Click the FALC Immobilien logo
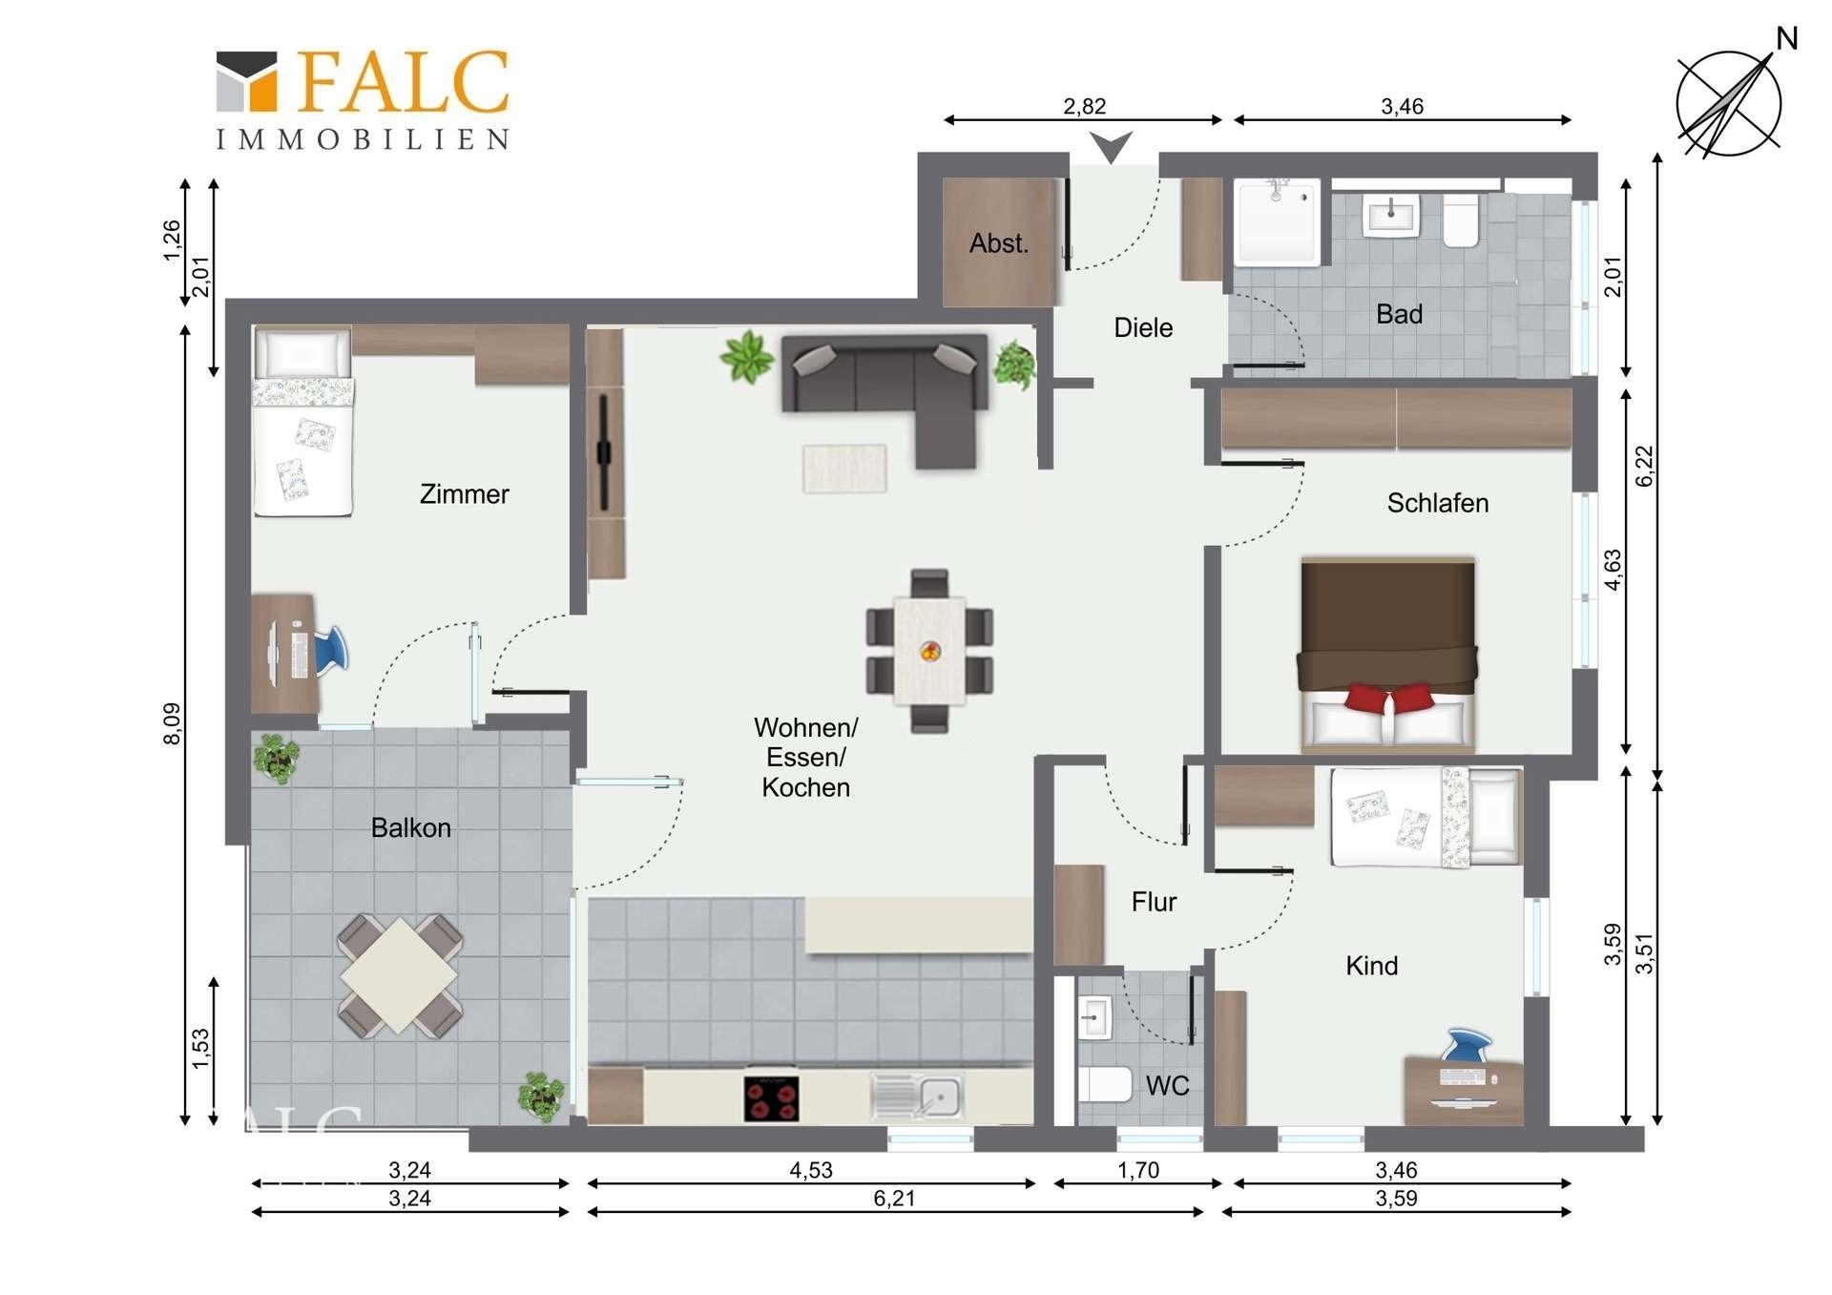click(x=363, y=99)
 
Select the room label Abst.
click(x=999, y=243)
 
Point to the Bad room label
click(x=1399, y=314)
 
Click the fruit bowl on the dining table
click(x=930, y=652)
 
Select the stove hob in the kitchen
click(x=771, y=1098)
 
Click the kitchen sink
click(x=917, y=1097)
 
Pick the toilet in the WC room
click(x=1105, y=1084)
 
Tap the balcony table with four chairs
click(x=400, y=975)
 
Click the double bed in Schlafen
click(x=1387, y=655)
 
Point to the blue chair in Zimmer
click(x=328, y=651)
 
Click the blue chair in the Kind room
click(x=1466, y=1044)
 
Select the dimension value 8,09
click(x=172, y=723)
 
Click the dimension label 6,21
click(x=894, y=1199)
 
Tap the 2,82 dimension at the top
click(x=1085, y=106)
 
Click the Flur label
click(x=1154, y=902)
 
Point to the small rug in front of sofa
click(x=844, y=469)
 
